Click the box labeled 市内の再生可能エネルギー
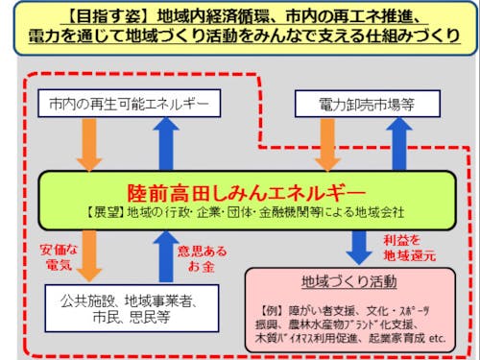click(127, 103)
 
